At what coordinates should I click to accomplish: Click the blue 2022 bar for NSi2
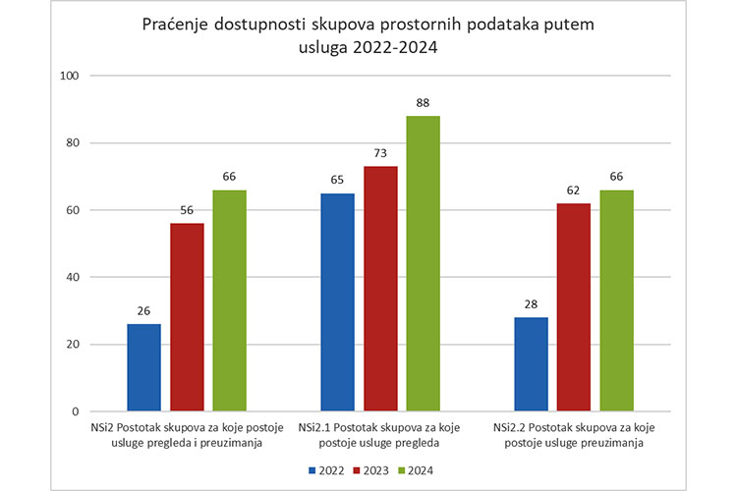click(x=143, y=367)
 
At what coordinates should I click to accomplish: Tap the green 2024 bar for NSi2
click(x=230, y=300)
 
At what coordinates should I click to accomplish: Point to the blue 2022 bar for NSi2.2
click(x=531, y=364)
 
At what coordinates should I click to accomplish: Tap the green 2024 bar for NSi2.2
click(x=617, y=300)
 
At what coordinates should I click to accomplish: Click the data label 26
click(x=143, y=311)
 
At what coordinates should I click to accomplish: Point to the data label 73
click(x=380, y=154)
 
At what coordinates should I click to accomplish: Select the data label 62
click(x=574, y=191)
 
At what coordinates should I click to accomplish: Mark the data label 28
click(x=531, y=304)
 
